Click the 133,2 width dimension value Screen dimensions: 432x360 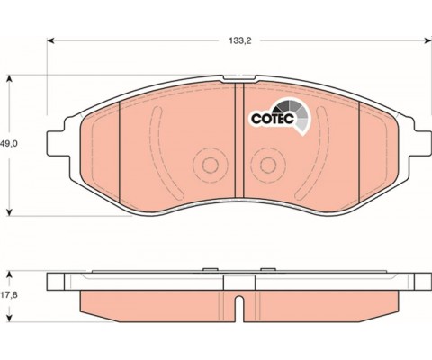240,41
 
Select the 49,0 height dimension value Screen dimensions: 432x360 9,144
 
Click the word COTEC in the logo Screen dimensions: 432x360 272,119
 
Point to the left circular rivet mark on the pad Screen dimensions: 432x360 210,165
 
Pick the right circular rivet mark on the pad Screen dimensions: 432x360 268,165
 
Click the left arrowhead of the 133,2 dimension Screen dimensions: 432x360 50,40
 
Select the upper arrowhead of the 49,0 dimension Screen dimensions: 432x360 10,78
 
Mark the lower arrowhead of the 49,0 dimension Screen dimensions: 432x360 10,212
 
